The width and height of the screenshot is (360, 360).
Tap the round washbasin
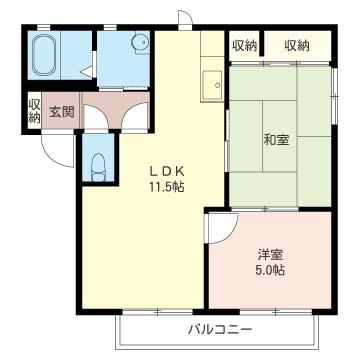pyautogui.click(x=140, y=43)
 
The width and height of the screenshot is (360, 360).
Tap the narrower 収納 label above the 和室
pyautogui.click(x=244, y=45)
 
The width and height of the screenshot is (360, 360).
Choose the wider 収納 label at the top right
pyautogui.click(x=296, y=45)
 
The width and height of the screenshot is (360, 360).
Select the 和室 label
pyautogui.click(x=278, y=139)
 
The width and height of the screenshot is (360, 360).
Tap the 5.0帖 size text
pyautogui.click(x=267, y=270)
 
